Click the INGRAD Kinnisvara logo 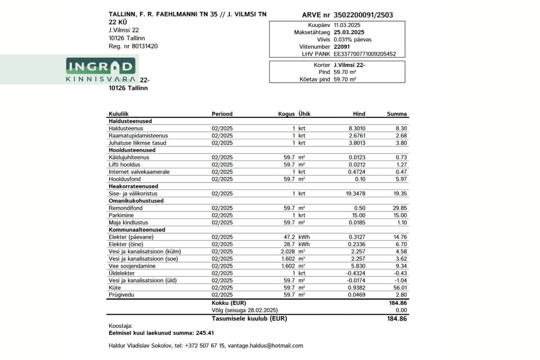click(100, 70)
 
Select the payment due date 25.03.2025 click(349, 32)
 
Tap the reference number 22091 click(341, 46)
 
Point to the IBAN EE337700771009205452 click(364, 54)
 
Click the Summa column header click(397, 114)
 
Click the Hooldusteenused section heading click(132, 150)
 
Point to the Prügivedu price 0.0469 click(357, 295)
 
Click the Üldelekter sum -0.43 click(400, 273)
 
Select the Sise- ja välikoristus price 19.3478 click(352, 194)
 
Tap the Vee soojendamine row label click(132, 266)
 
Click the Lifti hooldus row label click(124, 165)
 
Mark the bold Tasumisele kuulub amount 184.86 click(397, 319)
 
